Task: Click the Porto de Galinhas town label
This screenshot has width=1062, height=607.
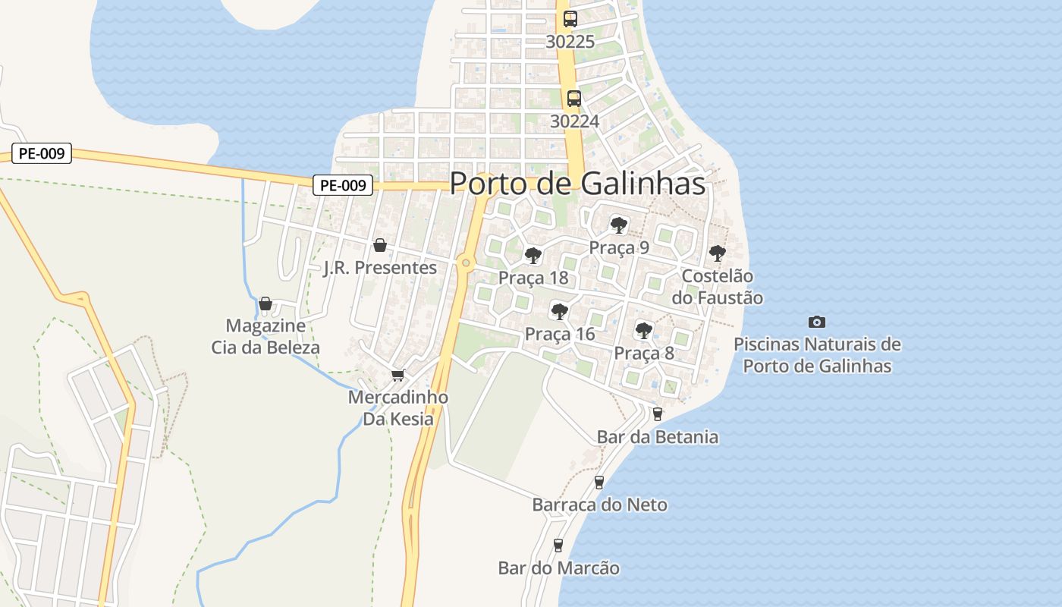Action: pos(577,184)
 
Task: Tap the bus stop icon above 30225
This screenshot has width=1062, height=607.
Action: pos(570,19)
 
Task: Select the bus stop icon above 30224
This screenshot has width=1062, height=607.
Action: pos(574,98)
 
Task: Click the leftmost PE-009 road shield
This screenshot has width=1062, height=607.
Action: pos(42,153)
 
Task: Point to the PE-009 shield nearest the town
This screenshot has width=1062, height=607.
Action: pos(343,184)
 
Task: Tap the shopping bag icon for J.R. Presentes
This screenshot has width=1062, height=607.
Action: pos(380,245)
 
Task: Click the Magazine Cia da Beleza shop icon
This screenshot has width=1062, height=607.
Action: pos(265,303)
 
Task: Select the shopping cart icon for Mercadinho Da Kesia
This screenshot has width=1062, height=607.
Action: pos(397,375)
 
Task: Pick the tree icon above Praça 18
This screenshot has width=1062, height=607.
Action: pos(533,255)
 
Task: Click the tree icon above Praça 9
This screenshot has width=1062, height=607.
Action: pos(619,225)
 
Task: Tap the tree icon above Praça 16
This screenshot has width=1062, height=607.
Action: pos(559,310)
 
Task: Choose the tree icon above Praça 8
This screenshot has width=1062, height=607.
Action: pos(643,330)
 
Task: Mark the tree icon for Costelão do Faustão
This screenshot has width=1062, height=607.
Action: pos(717,253)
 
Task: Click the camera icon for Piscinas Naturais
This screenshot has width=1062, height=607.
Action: pos(817,322)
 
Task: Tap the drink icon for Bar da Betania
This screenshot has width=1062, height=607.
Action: pos(657,414)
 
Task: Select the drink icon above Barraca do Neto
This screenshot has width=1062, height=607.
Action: pos(599,482)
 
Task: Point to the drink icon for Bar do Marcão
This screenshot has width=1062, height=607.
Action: pos(558,545)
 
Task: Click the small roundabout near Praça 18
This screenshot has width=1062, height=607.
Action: pos(466,263)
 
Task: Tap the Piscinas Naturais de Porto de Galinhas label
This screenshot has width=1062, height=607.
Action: pos(817,355)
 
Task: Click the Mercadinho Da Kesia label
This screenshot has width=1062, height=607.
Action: pos(398,408)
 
